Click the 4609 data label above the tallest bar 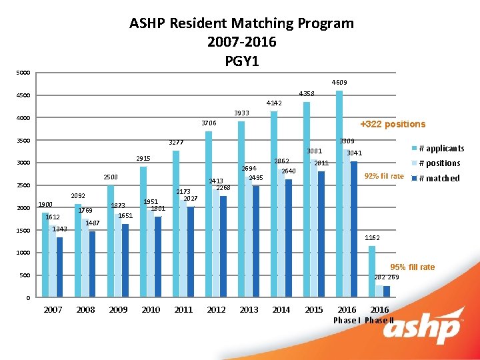(x=339, y=83)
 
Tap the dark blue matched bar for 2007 (x=59, y=267)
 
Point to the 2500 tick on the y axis (x=23, y=186)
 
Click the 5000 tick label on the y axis (x=23, y=73)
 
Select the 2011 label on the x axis (x=183, y=310)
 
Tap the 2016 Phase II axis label (x=380, y=315)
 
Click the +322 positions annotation (x=392, y=124)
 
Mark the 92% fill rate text (x=383, y=176)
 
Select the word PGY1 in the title (x=241, y=61)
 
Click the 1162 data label (x=373, y=237)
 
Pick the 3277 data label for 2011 (x=176, y=143)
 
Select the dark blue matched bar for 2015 (x=321, y=234)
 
